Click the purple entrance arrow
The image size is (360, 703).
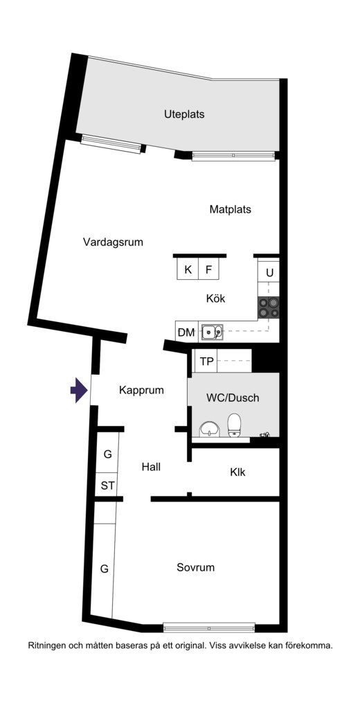[79, 391]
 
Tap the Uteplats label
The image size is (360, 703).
[184, 114]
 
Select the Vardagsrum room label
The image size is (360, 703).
[113, 242]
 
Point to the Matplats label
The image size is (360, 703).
[230, 209]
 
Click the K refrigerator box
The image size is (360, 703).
[188, 269]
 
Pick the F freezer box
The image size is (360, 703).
[209, 269]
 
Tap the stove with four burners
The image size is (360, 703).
[269, 308]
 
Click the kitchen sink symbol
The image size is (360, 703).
[212, 332]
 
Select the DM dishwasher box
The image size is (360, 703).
[186, 332]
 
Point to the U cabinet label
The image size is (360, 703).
[269, 273]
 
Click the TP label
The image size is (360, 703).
[207, 362]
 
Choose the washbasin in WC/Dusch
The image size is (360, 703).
[209, 429]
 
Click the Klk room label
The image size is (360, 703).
[237, 472]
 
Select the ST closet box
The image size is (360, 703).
[107, 485]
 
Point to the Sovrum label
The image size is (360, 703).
[195, 568]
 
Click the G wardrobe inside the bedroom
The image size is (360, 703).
[104, 569]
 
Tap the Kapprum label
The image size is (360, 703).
[141, 391]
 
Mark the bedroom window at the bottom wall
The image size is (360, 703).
[209, 628]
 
